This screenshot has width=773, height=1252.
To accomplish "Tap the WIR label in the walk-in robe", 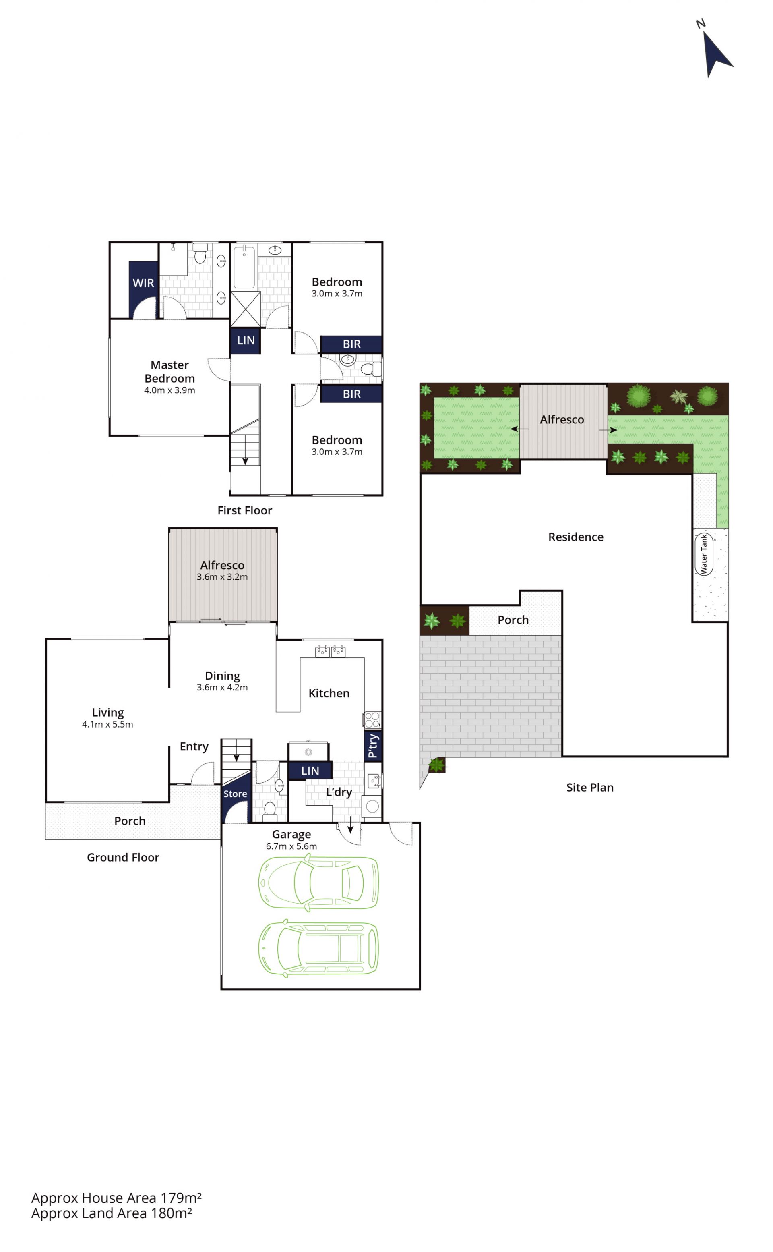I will coord(143,283).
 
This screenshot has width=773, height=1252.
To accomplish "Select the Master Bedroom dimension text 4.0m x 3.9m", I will coord(169,390).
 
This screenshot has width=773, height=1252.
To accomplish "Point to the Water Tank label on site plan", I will coord(703,554).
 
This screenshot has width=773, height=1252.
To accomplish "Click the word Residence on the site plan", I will coord(576,537).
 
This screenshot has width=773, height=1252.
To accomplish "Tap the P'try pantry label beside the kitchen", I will coord(373,746).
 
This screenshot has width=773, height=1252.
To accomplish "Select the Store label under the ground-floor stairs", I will coord(235,794).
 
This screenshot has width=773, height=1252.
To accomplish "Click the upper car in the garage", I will coord(318,883).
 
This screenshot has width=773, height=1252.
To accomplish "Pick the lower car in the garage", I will coord(318,948).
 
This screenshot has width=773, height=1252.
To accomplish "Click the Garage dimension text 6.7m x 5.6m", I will coord(291,846).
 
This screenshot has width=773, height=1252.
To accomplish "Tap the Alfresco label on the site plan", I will coord(562,419).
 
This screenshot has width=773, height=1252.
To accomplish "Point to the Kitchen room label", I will coord(329,694).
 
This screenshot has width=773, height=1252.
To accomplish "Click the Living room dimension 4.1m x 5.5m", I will coord(107,724).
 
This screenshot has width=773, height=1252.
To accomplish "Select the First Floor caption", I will coord(244,510).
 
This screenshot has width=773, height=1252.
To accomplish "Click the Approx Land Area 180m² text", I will coord(112,1213).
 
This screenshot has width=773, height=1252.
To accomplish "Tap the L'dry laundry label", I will coord(339,792).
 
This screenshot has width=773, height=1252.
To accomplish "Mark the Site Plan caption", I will coord(589,788).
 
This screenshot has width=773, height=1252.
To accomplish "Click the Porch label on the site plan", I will coord(513,620).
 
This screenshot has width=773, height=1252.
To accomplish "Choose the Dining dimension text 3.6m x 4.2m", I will coord(222,687).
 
